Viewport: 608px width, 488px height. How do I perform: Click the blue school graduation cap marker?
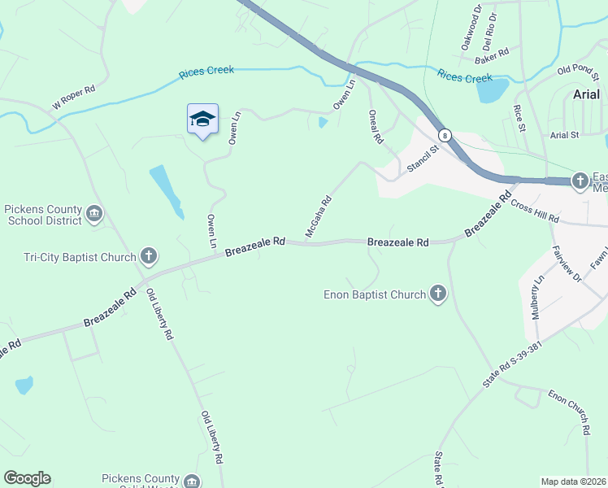point(202,120)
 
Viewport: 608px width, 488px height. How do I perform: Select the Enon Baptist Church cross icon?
point(438,294)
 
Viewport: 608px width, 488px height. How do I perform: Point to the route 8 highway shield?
point(444,135)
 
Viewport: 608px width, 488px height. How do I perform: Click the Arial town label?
point(586,94)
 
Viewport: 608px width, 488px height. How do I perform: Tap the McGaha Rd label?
point(319,216)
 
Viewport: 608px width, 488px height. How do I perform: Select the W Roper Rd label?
point(74,96)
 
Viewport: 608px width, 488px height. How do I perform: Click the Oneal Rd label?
point(375,128)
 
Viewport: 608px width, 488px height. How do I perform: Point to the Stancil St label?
point(423,157)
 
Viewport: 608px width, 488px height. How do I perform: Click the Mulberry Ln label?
point(536,298)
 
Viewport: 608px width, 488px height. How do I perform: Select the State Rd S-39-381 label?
point(511,364)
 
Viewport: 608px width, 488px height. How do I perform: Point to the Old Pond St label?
point(577,70)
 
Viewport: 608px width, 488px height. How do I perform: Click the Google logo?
point(27,478)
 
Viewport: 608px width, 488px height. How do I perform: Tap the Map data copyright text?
point(574,481)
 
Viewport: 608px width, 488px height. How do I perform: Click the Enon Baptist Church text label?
point(375,294)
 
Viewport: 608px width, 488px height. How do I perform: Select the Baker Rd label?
point(492,54)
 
